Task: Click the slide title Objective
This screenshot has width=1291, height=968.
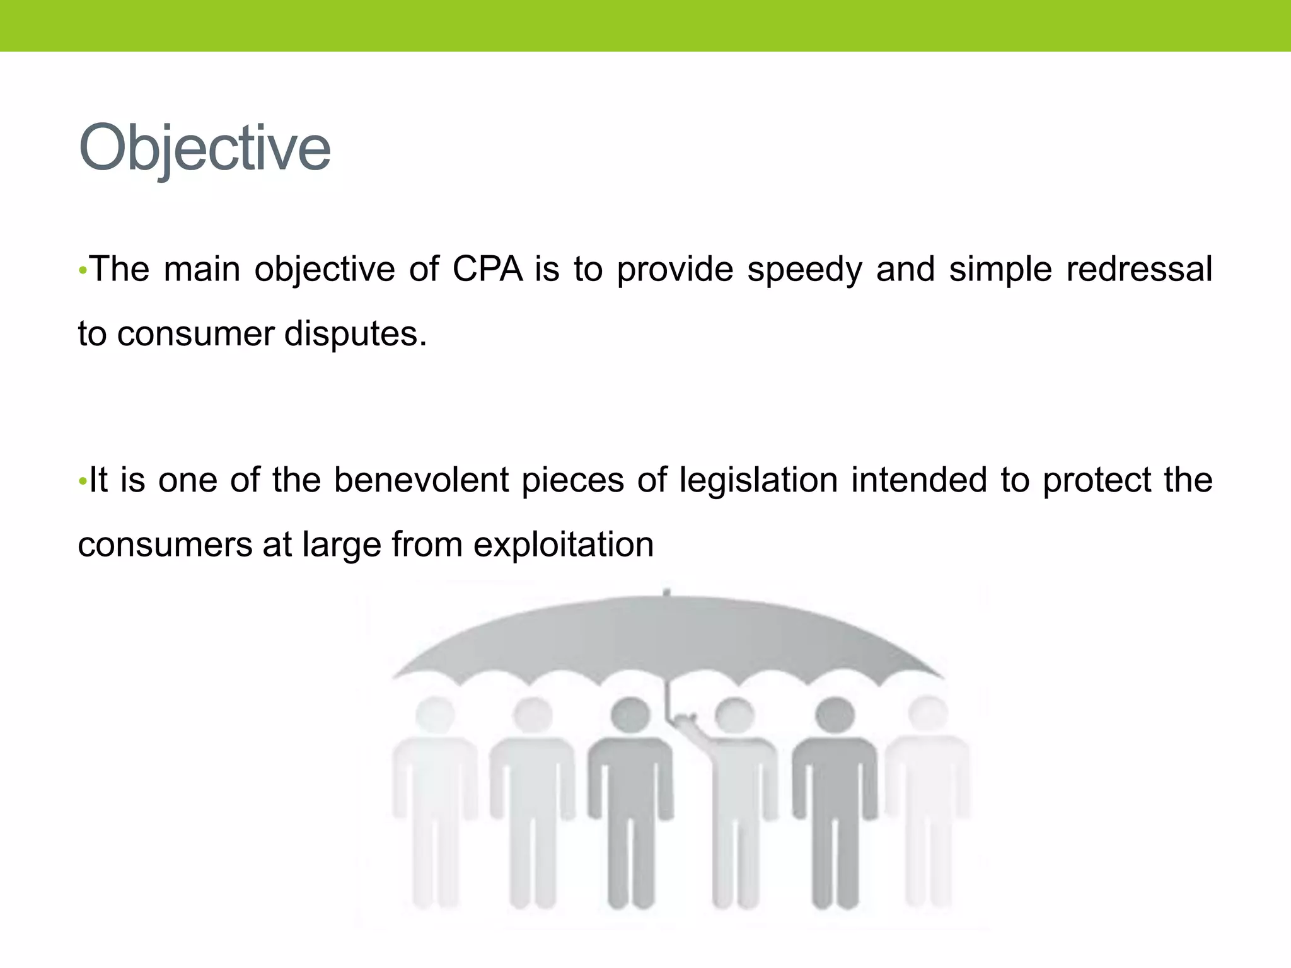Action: point(204,147)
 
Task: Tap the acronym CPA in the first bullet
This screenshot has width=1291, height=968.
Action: point(487,269)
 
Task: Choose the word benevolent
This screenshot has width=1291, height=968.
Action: point(420,480)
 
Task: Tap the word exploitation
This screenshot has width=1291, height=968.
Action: point(563,544)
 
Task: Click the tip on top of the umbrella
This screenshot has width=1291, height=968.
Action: point(666,592)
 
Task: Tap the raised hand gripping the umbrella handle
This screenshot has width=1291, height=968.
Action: point(683,720)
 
